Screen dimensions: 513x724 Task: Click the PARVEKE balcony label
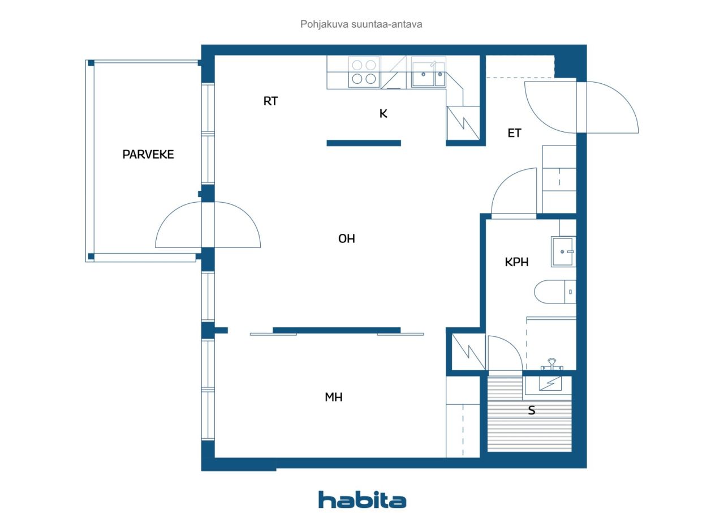[148, 154]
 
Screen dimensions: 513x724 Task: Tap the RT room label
[270, 101]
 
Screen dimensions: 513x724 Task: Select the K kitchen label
[383, 113]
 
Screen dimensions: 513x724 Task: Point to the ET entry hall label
[514, 134]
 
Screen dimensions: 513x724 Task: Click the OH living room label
[346, 239]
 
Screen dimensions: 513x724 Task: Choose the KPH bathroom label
[516, 262]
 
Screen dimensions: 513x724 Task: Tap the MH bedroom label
[333, 397]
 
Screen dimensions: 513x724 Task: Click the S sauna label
[532, 411]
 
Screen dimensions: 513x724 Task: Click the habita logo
[362, 499]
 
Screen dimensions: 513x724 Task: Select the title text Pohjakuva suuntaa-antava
[361, 24]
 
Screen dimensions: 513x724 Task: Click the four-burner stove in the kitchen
[363, 72]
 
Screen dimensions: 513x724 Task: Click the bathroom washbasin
[563, 251]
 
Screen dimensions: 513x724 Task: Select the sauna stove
[548, 384]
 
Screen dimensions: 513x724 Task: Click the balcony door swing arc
[208, 225]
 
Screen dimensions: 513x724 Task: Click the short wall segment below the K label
[364, 143]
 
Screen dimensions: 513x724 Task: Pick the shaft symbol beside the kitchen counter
[463, 123]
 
